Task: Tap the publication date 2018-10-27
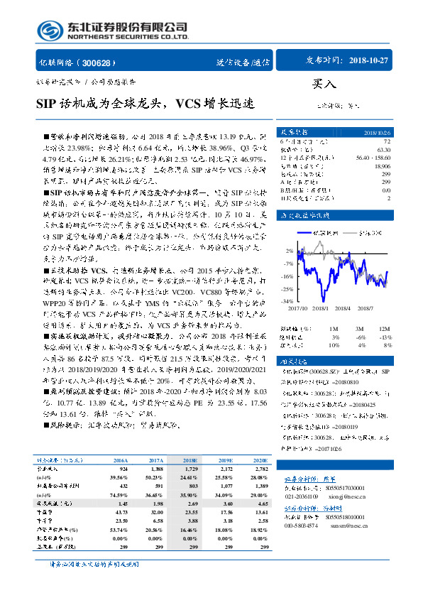[369, 61]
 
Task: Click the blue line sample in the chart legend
[298, 233]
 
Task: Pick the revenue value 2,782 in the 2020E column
[260, 470]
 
